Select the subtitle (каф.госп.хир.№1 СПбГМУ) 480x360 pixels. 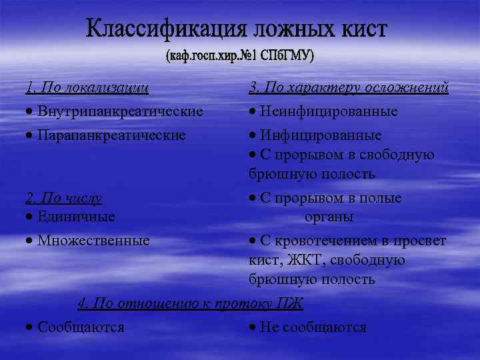240,56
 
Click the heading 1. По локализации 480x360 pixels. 87,87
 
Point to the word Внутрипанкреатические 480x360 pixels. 120,110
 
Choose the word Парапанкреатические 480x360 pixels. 111,135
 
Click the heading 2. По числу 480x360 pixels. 63,198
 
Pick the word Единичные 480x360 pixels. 76,217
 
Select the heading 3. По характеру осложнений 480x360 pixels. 349,87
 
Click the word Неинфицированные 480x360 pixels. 329,111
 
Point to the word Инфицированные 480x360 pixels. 321,135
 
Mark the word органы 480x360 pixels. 329,217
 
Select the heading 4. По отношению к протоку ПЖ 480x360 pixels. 190,304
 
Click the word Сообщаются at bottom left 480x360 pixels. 81,327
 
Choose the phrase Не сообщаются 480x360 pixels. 313,327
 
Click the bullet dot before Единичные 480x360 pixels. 31,217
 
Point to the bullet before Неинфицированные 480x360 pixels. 253,111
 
